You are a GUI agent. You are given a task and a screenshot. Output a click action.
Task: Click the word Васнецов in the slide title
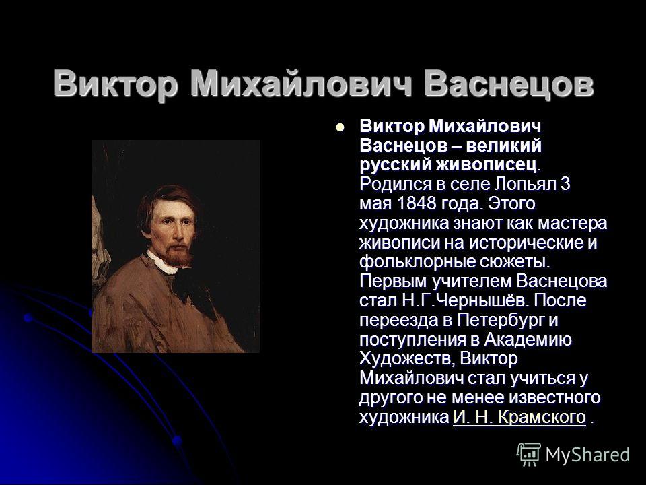509,84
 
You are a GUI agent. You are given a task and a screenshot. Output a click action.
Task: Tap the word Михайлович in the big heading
301,84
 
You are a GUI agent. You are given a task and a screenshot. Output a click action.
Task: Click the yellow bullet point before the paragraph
339,127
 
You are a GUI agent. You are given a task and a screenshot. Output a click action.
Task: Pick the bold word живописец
487,164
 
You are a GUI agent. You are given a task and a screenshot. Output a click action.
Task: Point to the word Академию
528,339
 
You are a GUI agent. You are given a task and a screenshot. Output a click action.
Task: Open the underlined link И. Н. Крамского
519,417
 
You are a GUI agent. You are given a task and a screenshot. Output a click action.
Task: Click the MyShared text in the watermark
587,455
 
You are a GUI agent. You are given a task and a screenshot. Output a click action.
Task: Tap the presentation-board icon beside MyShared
529,454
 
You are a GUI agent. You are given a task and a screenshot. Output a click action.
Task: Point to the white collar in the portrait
163,263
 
